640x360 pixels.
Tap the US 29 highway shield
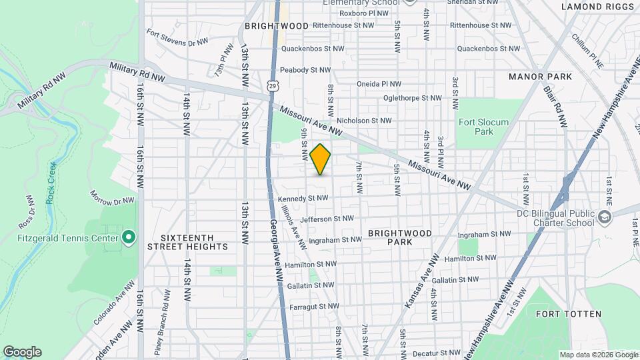point(273,85)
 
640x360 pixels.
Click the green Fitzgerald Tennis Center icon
point(129,237)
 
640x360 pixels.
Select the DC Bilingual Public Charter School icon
point(604,218)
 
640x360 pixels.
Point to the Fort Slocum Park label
point(483,127)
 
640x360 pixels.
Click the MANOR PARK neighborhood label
point(540,77)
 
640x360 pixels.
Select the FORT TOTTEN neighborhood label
point(568,313)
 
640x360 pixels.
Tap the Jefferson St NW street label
point(327,218)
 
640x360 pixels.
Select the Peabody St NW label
point(305,69)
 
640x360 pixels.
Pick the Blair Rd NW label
point(554,107)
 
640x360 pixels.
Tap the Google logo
point(22,351)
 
